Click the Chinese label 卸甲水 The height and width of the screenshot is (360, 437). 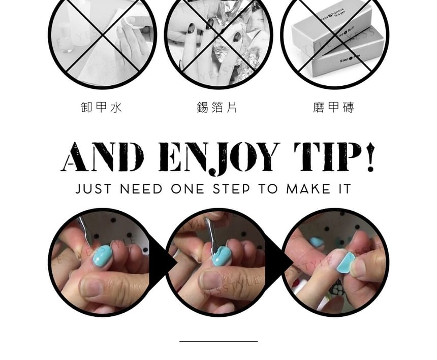(102, 107)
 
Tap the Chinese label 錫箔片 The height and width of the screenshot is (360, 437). (217, 107)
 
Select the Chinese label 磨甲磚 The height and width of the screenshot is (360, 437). (334, 107)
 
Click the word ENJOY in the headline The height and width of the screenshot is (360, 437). (219, 158)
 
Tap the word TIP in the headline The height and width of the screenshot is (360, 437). (328, 157)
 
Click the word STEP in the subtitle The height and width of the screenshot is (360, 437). (232, 189)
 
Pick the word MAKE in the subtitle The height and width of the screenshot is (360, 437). (305, 189)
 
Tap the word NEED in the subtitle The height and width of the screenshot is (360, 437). (142, 189)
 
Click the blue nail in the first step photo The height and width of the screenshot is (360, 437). (102, 255)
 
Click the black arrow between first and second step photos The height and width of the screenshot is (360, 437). (161, 263)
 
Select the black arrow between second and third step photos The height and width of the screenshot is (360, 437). (277, 263)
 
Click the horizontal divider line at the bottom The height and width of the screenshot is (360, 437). (218, 342)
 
